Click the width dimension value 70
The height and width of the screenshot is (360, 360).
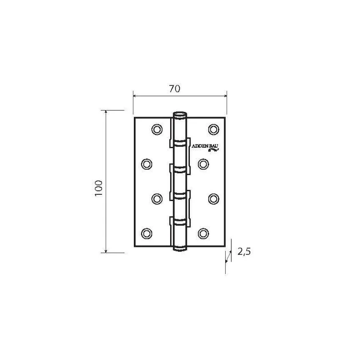(x=175, y=89)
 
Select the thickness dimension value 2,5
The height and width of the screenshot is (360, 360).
(x=244, y=252)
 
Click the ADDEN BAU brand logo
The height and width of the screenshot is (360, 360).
(x=205, y=148)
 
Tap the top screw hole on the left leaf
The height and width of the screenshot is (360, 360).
(x=157, y=130)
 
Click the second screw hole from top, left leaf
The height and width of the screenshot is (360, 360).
(x=147, y=164)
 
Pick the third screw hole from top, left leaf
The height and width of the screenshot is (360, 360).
(x=157, y=199)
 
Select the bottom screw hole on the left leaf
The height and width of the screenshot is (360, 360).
(x=147, y=233)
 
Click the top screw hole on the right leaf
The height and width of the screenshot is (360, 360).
(x=213, y=130)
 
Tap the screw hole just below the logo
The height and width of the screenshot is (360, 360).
(x=203, y=164)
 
